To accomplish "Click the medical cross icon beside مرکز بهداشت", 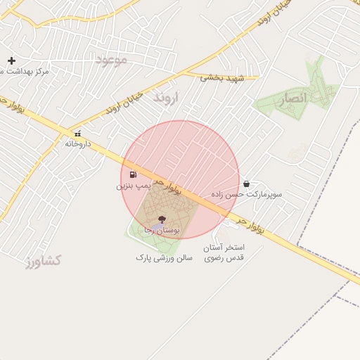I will (11, 61).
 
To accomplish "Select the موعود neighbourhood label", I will (112, 60).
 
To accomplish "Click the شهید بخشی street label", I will (221, 78).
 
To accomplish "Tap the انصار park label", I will (291, 100).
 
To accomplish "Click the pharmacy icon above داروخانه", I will (78, 134).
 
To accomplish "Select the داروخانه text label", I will (78, 143).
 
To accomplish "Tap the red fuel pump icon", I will (133, 174).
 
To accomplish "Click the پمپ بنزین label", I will (133, 186).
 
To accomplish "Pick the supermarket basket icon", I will (245, 184).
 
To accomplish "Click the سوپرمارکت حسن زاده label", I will (245, 193).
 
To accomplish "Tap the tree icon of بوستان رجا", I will (162, 219).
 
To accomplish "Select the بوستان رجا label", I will (162, 230).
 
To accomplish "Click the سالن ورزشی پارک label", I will (164, 258).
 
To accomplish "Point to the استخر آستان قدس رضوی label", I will (224, 253).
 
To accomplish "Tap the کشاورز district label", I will (44, 262).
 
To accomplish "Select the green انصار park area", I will (309, 84).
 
